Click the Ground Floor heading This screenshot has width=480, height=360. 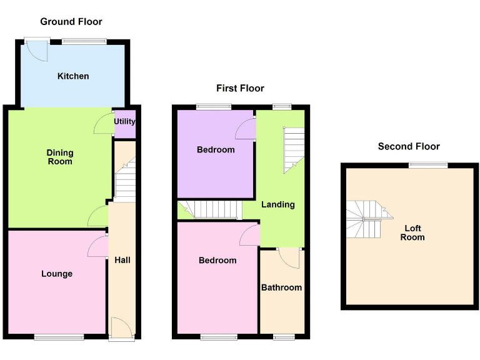point(71,22)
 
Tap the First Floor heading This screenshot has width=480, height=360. point(240,88)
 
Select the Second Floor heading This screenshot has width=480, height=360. point(409,146)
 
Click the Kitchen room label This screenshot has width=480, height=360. point(73,76)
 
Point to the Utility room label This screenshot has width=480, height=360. point(124,121)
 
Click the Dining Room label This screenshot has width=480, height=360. point(60,157)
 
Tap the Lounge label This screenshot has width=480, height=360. point(57,274)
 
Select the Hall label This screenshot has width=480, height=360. point(122,260)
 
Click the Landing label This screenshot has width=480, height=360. point(277,204)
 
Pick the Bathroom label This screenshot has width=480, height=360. point(281,287)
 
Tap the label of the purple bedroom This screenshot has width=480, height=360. point(216,149)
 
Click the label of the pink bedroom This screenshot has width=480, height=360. point(217,260)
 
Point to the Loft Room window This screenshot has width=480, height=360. point(428,165)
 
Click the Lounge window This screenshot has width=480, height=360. point(59,337)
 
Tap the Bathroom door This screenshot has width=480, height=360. point(289,256)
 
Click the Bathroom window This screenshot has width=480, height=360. point(284,337)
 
